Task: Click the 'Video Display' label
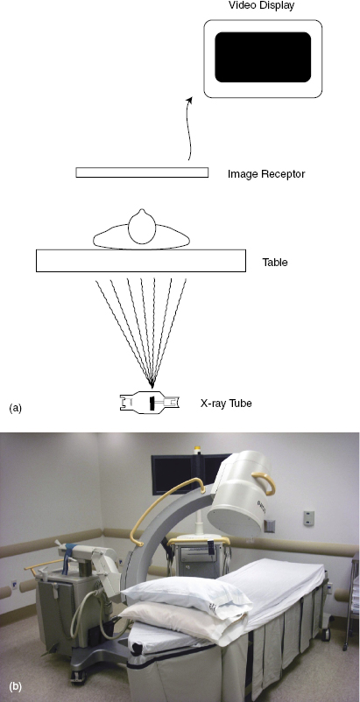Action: (262, 5)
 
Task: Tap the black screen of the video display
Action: (263, 57)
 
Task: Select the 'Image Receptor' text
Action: (266, 173)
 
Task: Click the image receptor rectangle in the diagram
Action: (142, 172)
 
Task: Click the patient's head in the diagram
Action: (142, 228)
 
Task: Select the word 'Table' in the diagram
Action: (275, 263)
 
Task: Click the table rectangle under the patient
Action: (141, 261)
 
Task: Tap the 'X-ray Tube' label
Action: (226, 404)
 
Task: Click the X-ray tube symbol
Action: (150, 403)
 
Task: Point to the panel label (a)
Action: (15, 408)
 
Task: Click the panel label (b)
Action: (15, 686)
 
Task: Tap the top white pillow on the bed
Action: (180, 598)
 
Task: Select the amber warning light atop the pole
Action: (196, 449)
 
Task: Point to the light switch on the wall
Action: (308, 518)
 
